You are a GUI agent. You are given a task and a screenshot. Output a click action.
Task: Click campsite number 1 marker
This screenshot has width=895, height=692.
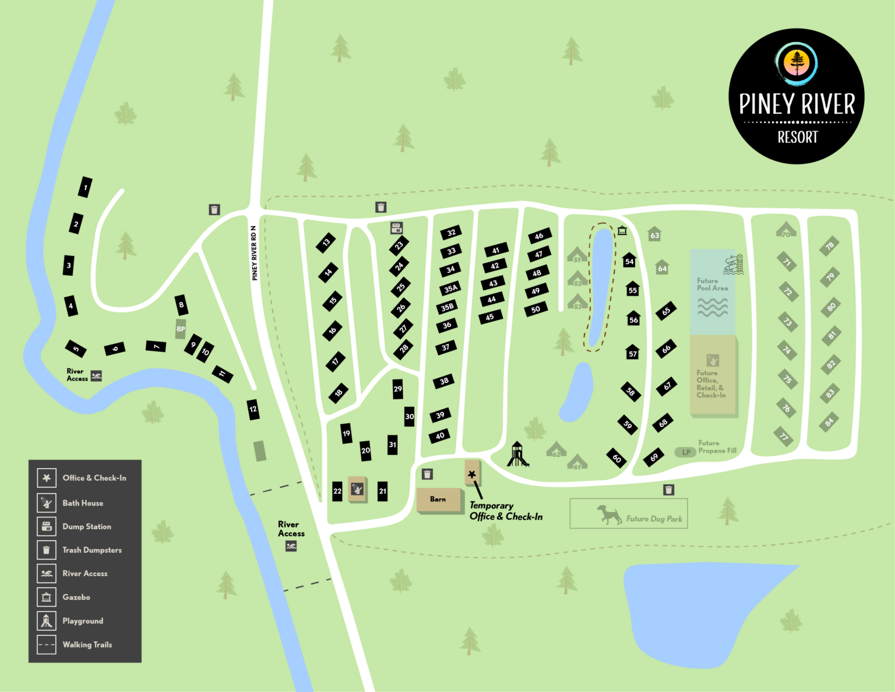[85, 187]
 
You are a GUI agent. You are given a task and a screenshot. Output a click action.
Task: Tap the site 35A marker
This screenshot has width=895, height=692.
[450, 289]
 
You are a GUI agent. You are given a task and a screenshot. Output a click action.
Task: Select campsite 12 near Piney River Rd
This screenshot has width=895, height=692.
[253, 409]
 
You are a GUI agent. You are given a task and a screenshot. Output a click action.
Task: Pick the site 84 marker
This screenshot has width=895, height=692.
[829, 422]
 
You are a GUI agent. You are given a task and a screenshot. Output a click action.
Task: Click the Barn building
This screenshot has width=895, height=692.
[438, 500]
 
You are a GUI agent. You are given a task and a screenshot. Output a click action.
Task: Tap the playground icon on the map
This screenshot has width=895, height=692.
[517, 455]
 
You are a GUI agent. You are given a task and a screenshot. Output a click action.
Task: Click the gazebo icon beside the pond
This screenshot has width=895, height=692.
[622, 230]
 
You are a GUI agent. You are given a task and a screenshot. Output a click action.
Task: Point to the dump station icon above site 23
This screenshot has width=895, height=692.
[397, 227]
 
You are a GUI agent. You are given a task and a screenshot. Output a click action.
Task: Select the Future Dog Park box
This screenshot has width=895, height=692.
[629, 514]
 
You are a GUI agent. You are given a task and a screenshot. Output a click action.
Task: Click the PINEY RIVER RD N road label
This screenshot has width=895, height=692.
[254, 253]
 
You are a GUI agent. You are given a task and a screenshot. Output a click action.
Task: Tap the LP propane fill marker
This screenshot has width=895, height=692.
[686, 452]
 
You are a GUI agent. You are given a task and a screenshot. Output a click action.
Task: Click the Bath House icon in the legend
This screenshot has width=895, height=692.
[47, 503]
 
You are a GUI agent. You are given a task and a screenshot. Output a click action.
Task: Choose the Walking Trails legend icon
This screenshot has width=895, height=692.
[47, 645]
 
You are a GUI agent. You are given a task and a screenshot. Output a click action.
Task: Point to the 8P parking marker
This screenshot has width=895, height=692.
[181, 329]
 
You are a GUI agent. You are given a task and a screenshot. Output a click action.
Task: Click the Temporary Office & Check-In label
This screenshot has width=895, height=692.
[505, 511]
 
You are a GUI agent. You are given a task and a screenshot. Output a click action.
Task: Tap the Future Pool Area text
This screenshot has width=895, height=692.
[712, 284]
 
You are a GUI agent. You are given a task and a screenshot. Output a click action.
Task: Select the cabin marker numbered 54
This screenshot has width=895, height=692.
[629, 261]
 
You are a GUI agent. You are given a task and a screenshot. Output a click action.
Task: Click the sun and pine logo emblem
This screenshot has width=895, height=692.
[797, 62]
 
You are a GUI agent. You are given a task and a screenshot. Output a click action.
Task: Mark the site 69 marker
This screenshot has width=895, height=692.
[654, 458]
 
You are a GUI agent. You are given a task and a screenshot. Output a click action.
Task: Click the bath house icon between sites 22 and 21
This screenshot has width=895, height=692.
[357, 490]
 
